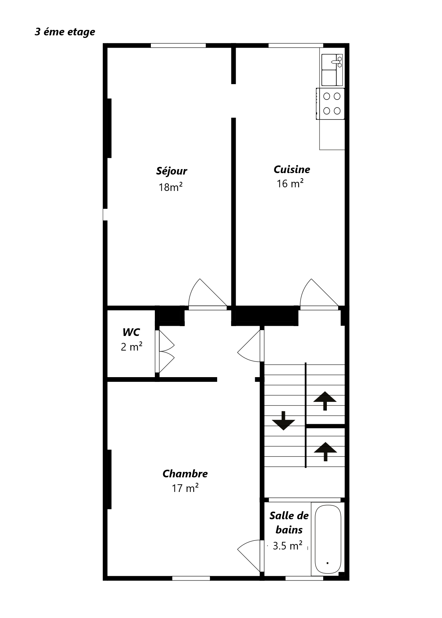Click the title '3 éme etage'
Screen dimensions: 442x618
click(65, 32)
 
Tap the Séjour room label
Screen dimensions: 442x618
click(172, 171)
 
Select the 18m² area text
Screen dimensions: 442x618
click(171, 187)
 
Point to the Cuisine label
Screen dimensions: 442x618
click(292, 169)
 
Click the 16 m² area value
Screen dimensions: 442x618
click(290, 183)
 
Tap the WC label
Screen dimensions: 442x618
click(131, 332)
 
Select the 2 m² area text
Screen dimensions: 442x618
click(131, 346)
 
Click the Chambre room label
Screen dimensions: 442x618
click(185, 474)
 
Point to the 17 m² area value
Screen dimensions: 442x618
click(185, 488)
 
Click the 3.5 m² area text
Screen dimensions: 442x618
click(287, 545)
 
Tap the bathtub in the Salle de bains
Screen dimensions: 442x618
click(328, 539)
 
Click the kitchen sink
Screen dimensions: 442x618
click(332, 70)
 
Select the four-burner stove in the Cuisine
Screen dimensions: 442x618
click(330, 104)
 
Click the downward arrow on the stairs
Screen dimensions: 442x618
click(283, 421)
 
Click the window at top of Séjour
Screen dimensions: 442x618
click(178, 46)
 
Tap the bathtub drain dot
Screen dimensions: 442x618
click(328, 563)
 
